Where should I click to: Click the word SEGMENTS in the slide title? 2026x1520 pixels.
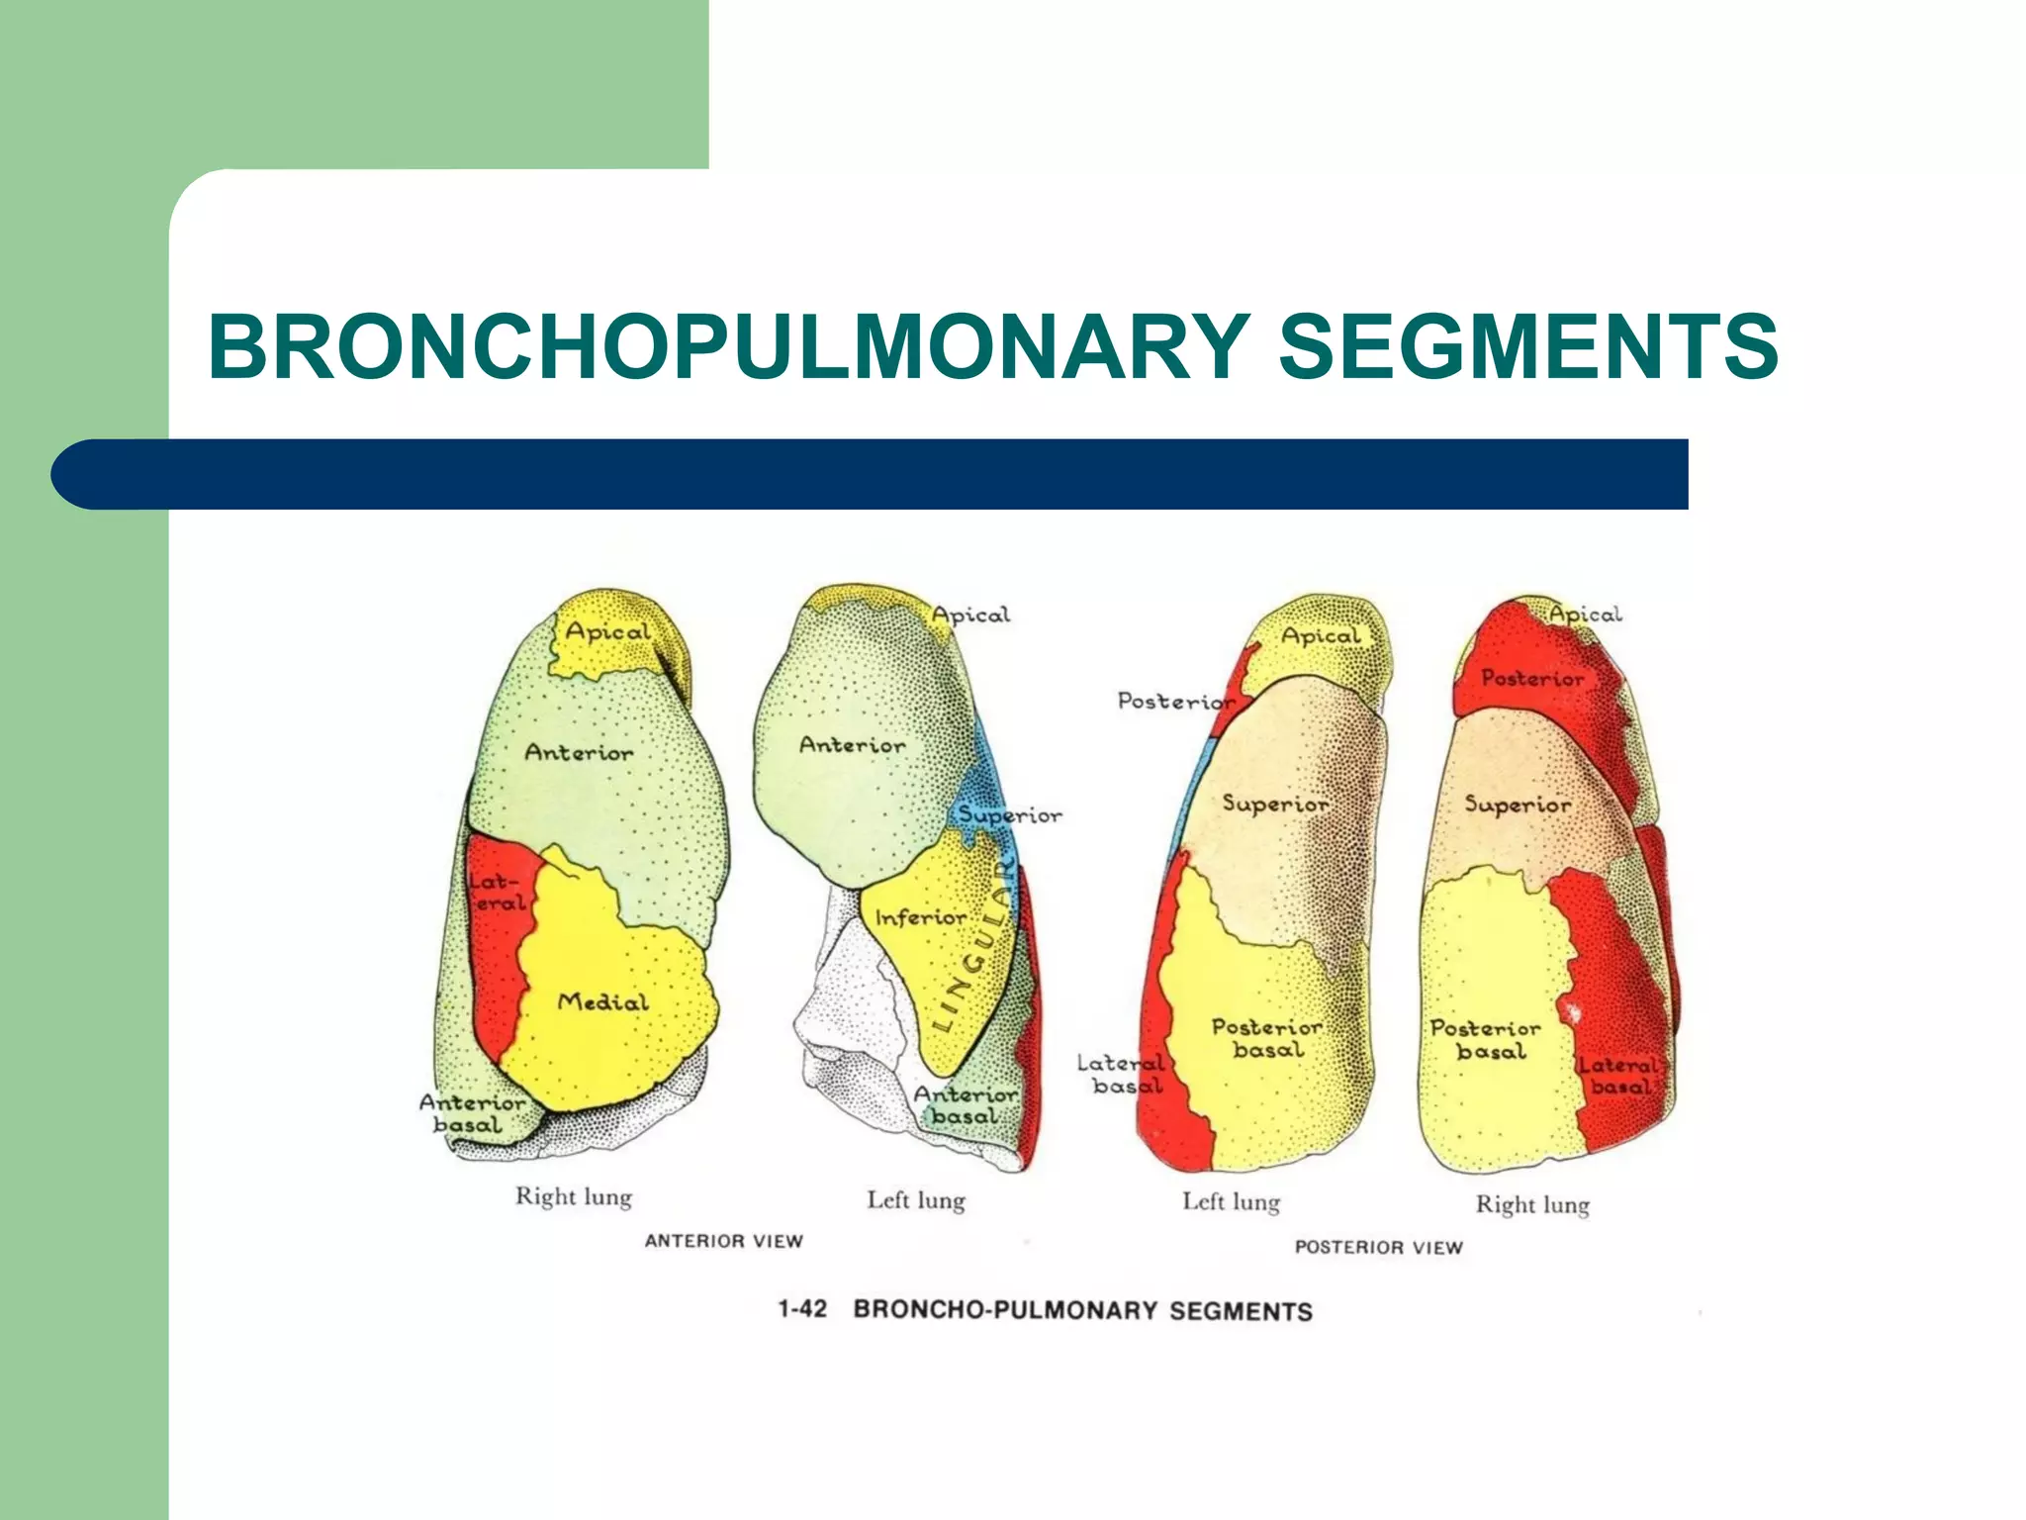point(1528,345)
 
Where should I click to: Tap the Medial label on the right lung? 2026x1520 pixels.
point(603,1001)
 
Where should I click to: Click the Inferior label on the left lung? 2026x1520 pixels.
point(921,917)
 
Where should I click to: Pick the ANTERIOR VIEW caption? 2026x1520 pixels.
point(723,1241)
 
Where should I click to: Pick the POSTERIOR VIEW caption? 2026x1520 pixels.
point(1378,1247)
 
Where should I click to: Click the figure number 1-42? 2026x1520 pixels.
point(801,1308)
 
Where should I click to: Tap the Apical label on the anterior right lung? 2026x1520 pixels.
point(607,631)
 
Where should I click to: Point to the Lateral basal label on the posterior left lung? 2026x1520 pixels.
point(1122,1075)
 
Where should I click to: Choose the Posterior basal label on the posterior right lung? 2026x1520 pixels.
point(1485,1039)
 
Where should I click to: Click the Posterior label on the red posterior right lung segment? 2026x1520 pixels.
point(1532,678)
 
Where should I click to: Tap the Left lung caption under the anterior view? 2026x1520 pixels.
point(916,1200)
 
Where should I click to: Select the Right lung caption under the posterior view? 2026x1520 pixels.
point(1532,1204)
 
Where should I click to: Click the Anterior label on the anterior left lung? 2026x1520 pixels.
point(852,744)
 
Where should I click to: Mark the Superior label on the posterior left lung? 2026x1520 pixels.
point(1275,804)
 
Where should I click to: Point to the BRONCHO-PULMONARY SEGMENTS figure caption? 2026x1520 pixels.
point(1082,1310)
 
